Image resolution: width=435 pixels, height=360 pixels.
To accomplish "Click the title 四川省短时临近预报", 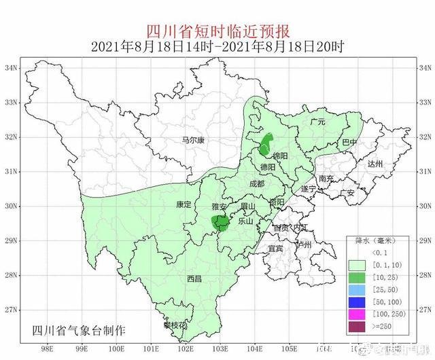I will (x=218, y=31).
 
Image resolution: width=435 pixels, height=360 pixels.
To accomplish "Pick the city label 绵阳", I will (x=279, y=156).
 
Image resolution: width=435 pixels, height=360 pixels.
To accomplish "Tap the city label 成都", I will (x=257, y=183).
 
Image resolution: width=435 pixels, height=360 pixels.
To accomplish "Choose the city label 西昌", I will (x=194, y=278).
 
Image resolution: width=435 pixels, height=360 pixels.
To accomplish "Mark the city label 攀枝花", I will (x=175, y=326).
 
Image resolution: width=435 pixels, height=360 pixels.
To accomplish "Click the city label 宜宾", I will (x=275, y=249).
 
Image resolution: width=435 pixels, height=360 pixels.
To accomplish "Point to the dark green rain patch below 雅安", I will (x=220, y=222).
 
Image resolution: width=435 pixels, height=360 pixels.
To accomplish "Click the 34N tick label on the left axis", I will (x=11, y=69).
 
